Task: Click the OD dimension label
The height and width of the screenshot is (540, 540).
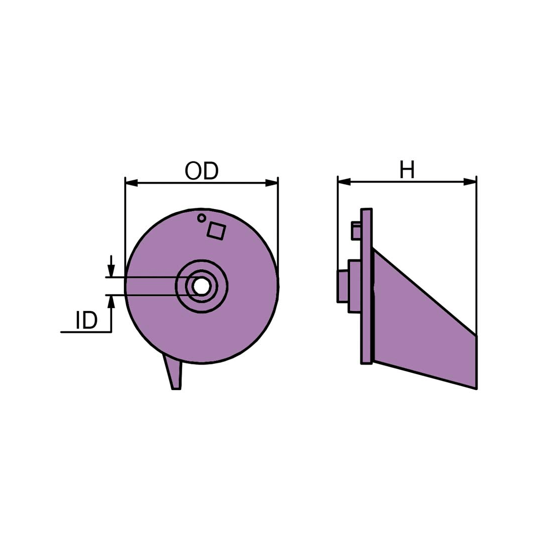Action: tap(201, 171)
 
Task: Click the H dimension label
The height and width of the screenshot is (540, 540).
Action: tap(406, 169)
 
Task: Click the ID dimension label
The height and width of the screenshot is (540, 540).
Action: tap(86, 320)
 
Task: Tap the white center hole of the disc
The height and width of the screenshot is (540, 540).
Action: tap(201, 286)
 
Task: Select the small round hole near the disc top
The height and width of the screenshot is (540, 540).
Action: tap(201, 218)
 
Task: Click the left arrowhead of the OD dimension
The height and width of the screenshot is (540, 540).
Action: tap(131, 183)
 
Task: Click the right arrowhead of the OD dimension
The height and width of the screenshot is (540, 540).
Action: tap(271, 183)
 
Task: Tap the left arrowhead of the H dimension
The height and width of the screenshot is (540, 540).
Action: tap(344, 181)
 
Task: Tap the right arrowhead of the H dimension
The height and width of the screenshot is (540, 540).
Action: tap(470, 181)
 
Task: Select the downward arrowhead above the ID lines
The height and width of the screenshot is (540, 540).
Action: tap(110, 270)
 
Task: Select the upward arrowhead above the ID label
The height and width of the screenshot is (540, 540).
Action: tap(110, 302)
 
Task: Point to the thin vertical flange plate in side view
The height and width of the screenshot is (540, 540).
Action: tap(366, 286)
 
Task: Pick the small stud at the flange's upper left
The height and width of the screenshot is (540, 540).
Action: tap(356, 230)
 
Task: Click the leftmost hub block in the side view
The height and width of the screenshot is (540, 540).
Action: tap(342, 286)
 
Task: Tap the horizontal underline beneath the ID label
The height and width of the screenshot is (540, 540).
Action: tap(86, 332)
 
